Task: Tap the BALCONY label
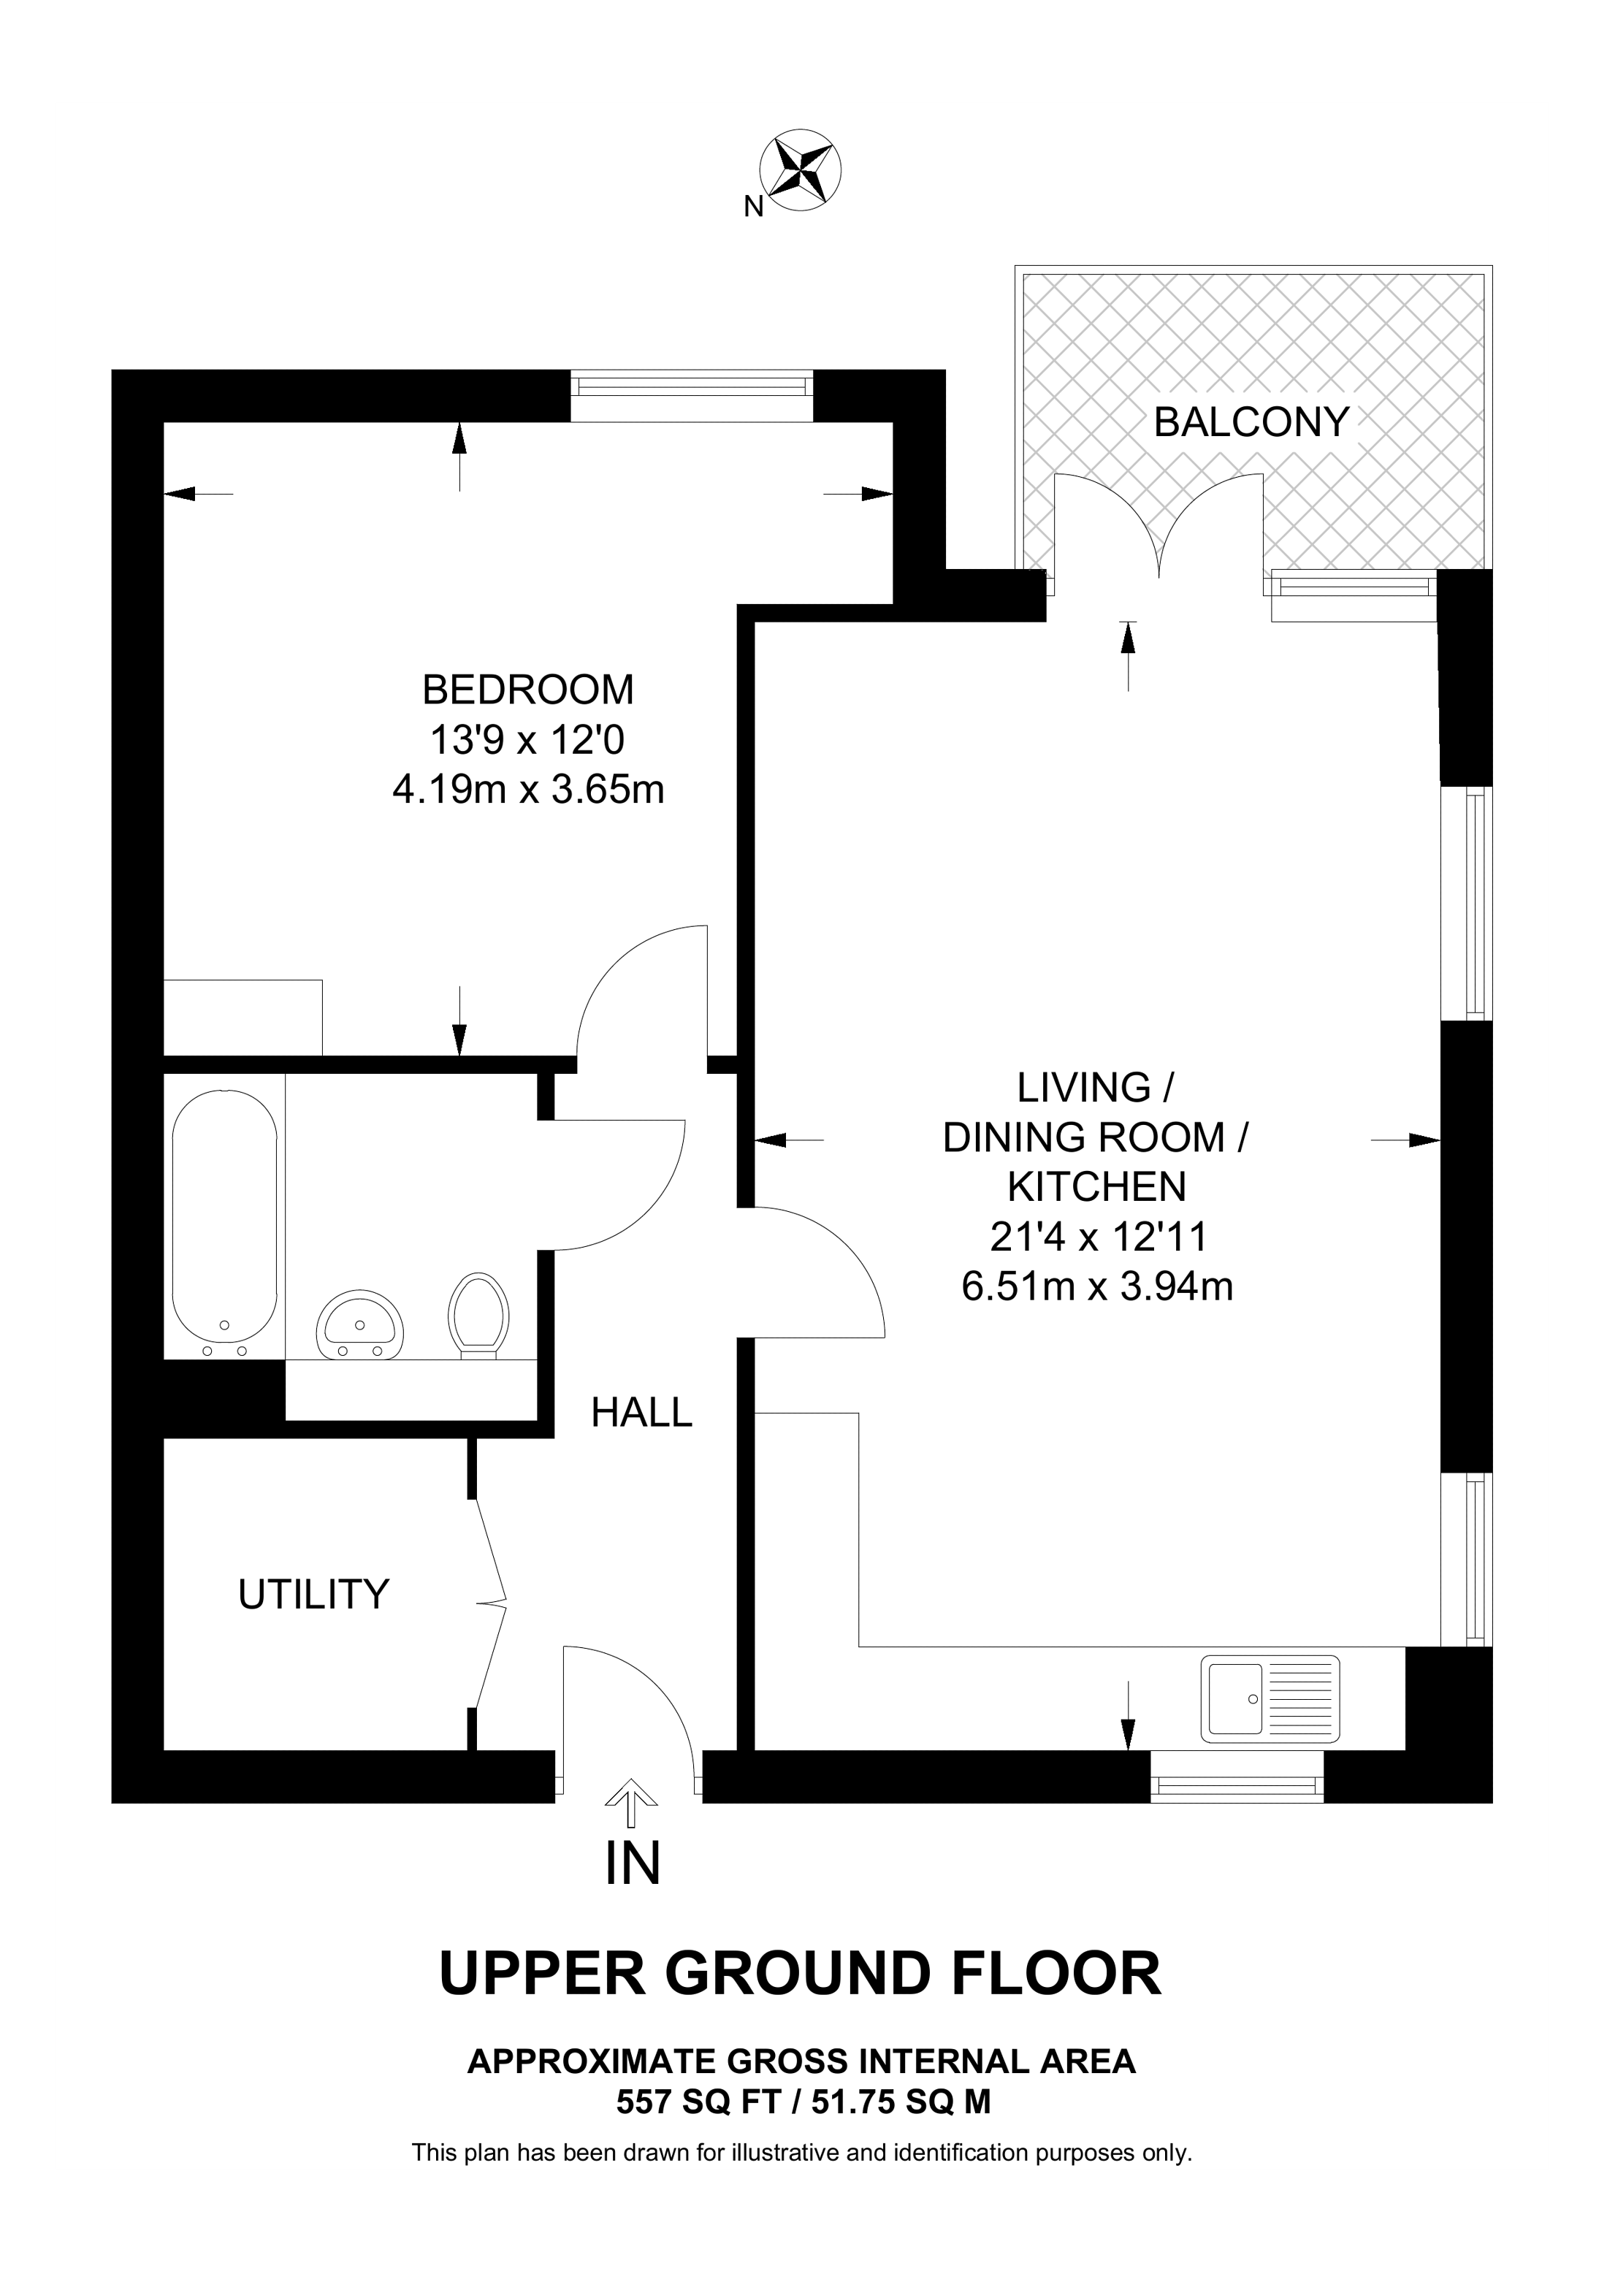[x=1251, y=423]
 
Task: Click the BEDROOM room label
[x=527, y=690]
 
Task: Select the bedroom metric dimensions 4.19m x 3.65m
[x=527, y=790]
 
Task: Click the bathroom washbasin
[x=359, y=1325]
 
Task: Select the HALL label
[x=641, y=1413]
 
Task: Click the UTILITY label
[x=314, y=1595]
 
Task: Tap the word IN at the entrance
[x=633, y=1863]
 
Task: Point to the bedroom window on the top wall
[x=691, y=396]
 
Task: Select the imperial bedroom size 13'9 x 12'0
[x=527, y=740]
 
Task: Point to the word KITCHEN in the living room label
[x=1097, y=1186]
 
